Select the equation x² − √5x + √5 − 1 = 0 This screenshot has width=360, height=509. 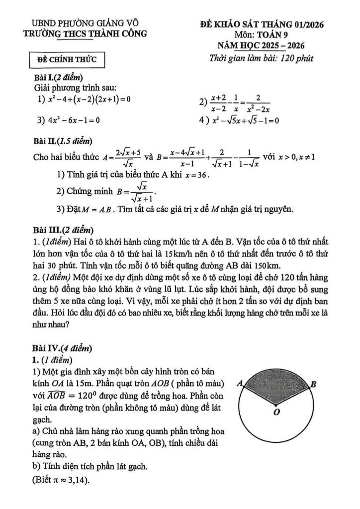[x=245, y=120]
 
